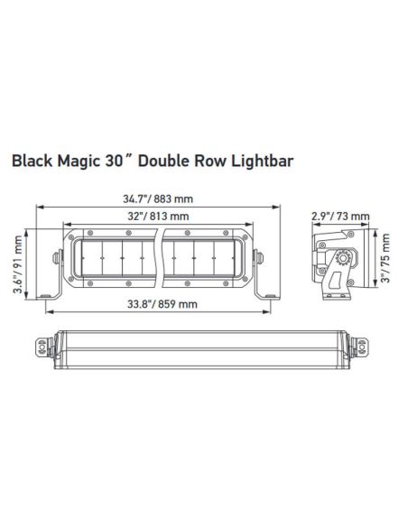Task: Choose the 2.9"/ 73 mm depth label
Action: pyautogui.click(x=340, y=217)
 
